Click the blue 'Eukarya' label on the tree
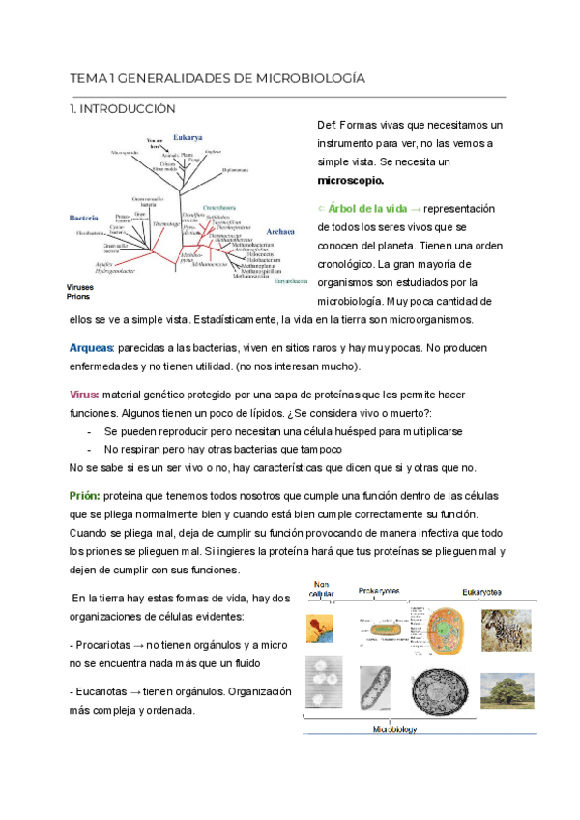tap(188, 137)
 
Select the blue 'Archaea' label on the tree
tap(280, 232)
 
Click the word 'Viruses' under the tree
tap(80, 288)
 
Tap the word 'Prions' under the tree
tap(77, 298)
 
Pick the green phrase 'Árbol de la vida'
tap(367, 209)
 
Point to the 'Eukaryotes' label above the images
tap(482, 591)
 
